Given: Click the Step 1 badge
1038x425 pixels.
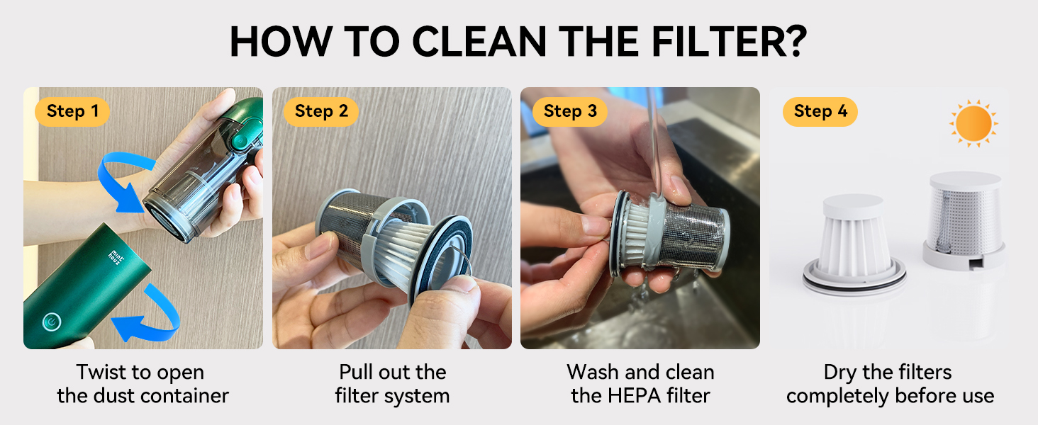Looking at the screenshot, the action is pos(72,112).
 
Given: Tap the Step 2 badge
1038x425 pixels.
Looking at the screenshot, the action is pos(321,112).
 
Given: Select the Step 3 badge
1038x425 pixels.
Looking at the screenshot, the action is pos(570,112).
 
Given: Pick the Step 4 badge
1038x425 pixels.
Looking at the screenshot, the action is pos(820,112).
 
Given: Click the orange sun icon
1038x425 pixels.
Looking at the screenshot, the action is pos(973,123).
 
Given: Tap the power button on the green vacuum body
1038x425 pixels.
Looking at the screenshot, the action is pos(52,322).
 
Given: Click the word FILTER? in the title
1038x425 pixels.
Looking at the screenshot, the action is pos(729,41).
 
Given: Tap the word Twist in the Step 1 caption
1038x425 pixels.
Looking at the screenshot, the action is pos(101,372).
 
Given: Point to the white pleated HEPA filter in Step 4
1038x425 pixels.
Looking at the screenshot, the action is pos(854,244).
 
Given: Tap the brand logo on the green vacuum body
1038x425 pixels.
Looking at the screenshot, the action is pos(116,257).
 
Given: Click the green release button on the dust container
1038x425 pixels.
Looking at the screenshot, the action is pos(239,140).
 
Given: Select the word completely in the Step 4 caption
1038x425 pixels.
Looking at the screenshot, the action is pos(838,397).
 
